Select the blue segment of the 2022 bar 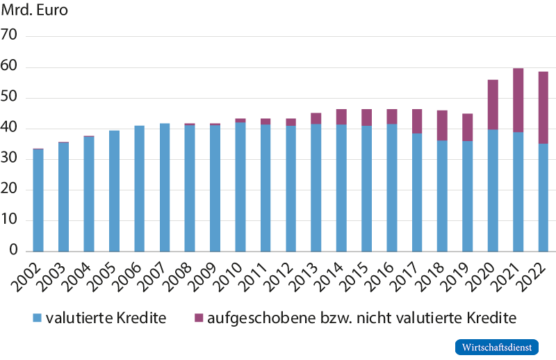(x=543, y=197)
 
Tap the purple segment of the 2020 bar (x=493, y=104)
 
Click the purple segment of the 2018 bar (x=442, y=125)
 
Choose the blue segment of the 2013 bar (x=316, y=188)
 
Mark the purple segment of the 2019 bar (x=468, y=127)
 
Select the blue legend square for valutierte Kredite (x=38, y=318)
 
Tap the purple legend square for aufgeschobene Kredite (x=199, y=318)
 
